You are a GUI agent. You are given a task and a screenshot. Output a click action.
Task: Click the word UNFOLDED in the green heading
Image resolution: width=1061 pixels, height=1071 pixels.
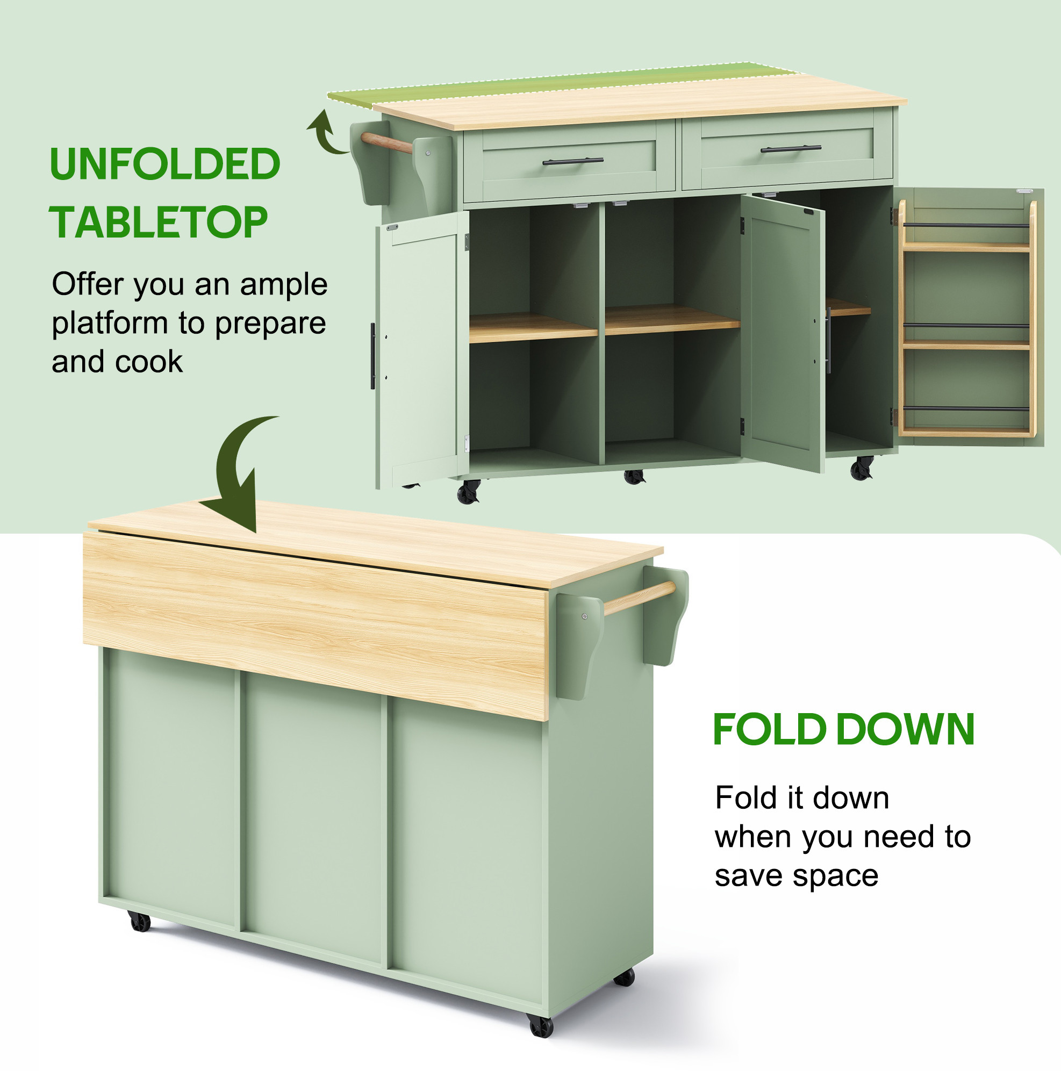click(x=164, y=164)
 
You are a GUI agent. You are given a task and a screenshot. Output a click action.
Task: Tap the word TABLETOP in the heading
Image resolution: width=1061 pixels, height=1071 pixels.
click(x=159, y=222)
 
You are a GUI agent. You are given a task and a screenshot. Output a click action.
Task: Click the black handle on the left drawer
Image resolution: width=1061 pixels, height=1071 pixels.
click(x=572, y=162)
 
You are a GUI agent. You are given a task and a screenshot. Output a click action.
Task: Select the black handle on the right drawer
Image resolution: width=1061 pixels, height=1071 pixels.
click(x=791, y=148)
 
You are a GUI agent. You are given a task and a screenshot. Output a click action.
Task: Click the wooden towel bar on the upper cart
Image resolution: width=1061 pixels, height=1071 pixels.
click(x=386, y=143)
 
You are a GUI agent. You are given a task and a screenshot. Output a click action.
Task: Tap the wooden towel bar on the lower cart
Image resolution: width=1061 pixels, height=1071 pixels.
click(x=639, y=598)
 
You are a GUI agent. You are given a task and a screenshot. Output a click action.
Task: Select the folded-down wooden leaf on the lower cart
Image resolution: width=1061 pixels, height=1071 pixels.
click(x=316, y=626)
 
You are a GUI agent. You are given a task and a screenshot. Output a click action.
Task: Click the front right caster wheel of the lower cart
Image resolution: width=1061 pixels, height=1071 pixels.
click(x=541, y=1026)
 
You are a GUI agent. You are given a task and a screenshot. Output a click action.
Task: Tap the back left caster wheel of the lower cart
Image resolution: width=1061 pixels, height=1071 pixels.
click(x=139, y=921)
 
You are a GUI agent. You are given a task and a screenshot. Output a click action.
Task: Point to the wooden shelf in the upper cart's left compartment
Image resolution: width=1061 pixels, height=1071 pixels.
click(x=533, y=328)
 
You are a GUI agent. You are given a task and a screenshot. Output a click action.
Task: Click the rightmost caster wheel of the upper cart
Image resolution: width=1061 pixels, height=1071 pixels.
click(x=862, y=469)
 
